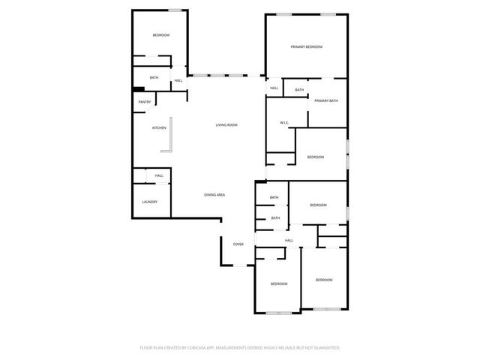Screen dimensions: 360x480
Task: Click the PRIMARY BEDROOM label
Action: (x=306, y=47)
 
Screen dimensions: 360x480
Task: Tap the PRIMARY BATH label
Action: (x=326, y=100)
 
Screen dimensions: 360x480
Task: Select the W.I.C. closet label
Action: (x=285, y=122)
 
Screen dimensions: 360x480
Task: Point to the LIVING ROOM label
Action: (x=226, y=124)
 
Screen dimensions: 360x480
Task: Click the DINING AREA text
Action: (x=215, y=195)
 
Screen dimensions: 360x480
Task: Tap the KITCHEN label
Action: (x=159, y=128)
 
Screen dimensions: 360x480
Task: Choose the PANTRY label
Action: (x=145, y=102)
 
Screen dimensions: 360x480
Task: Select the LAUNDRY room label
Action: (x=150, y=202)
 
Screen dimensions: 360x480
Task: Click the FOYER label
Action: (x=238, y=244)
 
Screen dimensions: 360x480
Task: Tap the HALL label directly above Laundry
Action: (x=159, y=176)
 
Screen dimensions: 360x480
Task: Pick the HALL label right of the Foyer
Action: (x=289, y=241)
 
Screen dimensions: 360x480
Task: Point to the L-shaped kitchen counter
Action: (x=170, y=136)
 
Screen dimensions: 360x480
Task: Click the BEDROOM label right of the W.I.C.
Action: (x=315, y=157)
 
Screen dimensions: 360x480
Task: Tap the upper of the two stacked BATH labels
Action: (x=274, y=197)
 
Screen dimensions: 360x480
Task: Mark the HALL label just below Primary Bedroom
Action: (x=274, y=88)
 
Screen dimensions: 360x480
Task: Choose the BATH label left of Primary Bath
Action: (x=299, y=90)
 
